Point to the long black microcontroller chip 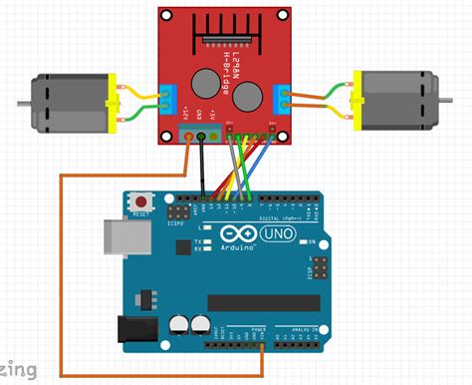click(264, 302)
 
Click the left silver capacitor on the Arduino click(178, 326)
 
